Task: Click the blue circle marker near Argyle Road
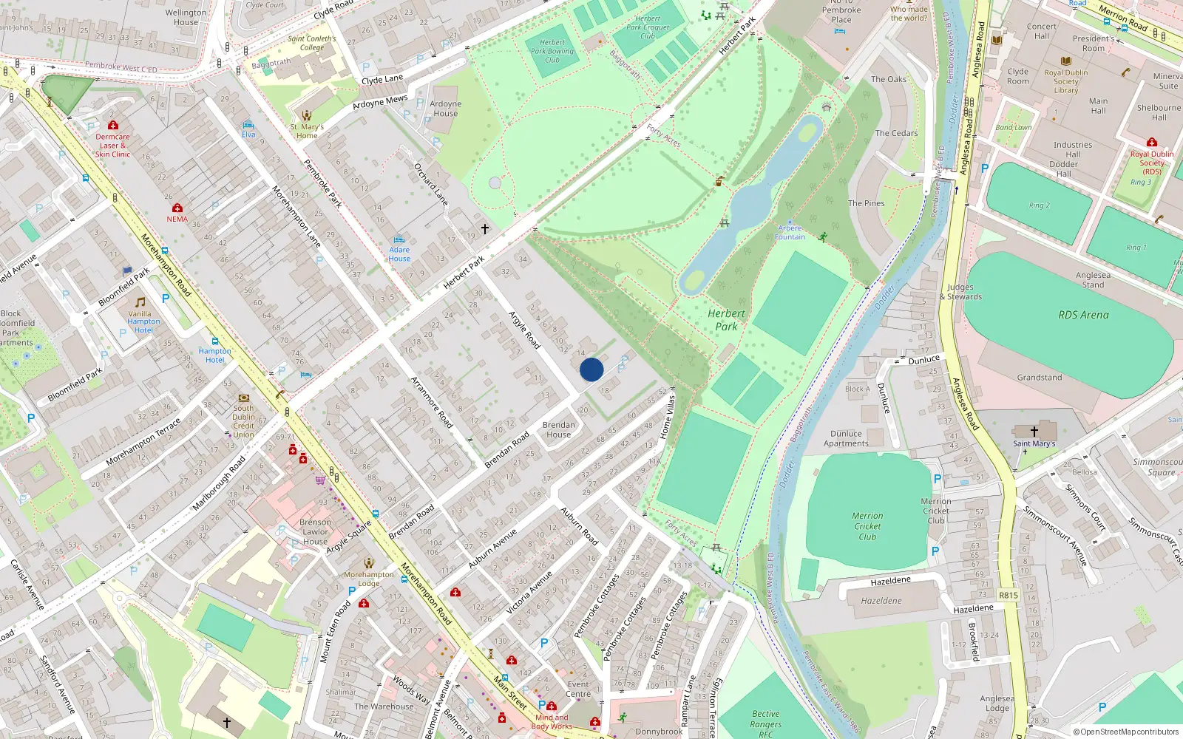pyautogui.click(x=591, y=369)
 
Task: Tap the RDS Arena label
pyautogui.click(x=1083, y=315)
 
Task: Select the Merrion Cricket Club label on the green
pyautogui.click(x=867, y=526)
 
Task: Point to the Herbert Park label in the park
pyautogui.click(x=726, y=320)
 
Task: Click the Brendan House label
pyautogui.click(x=558, y=429)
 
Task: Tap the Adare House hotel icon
pyautogui.click(x=399, y=240)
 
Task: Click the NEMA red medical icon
pyautogui.click(x=177, y=208)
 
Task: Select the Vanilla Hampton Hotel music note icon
pyautogui.click(x=140, y=302)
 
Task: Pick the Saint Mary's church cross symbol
pyautogui.click(x=1034, y=431)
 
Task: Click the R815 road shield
pyautogui.click(x=1009, y=595)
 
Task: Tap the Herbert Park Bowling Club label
pyautogui.click(x=552, y=51)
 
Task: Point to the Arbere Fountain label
pyautogui.click(x=790, y=233)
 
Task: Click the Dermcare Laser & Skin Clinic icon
pyautogui.click(x=112, y=126)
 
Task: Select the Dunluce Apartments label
pyautogui.click(x=846, y=439)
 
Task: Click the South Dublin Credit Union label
pyautogui.click(x=243, y=421)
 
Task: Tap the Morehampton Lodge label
pyautogui.click(x=369, y=579)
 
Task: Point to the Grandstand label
pyautogui.click(x=1039, y=378)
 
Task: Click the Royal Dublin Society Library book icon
pyautogui.click(x=1065, y=61)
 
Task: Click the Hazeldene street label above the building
pyautogui.click(x=890, y=581)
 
